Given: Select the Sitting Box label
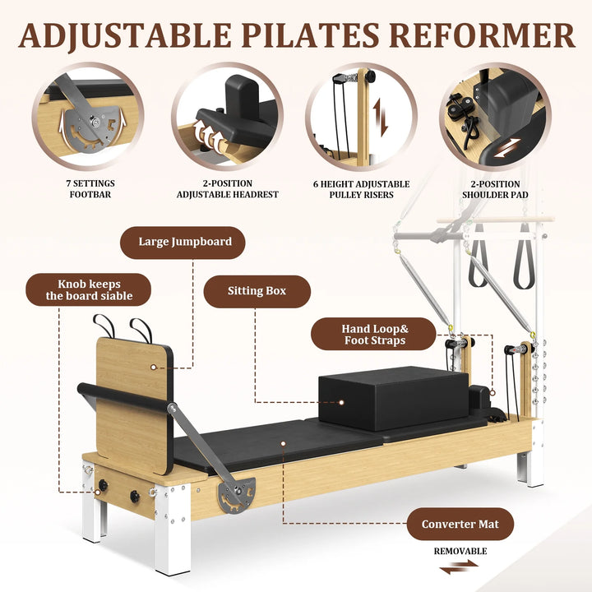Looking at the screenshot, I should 257,291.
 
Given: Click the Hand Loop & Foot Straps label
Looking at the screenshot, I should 375,335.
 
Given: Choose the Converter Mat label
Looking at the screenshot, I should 460,524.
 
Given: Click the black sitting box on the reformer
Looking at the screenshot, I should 380,400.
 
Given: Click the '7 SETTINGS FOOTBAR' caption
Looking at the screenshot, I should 90,189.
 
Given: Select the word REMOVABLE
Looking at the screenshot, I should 460,551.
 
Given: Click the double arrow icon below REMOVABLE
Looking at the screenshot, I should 460,567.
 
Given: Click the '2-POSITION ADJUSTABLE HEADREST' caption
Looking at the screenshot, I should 227,189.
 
